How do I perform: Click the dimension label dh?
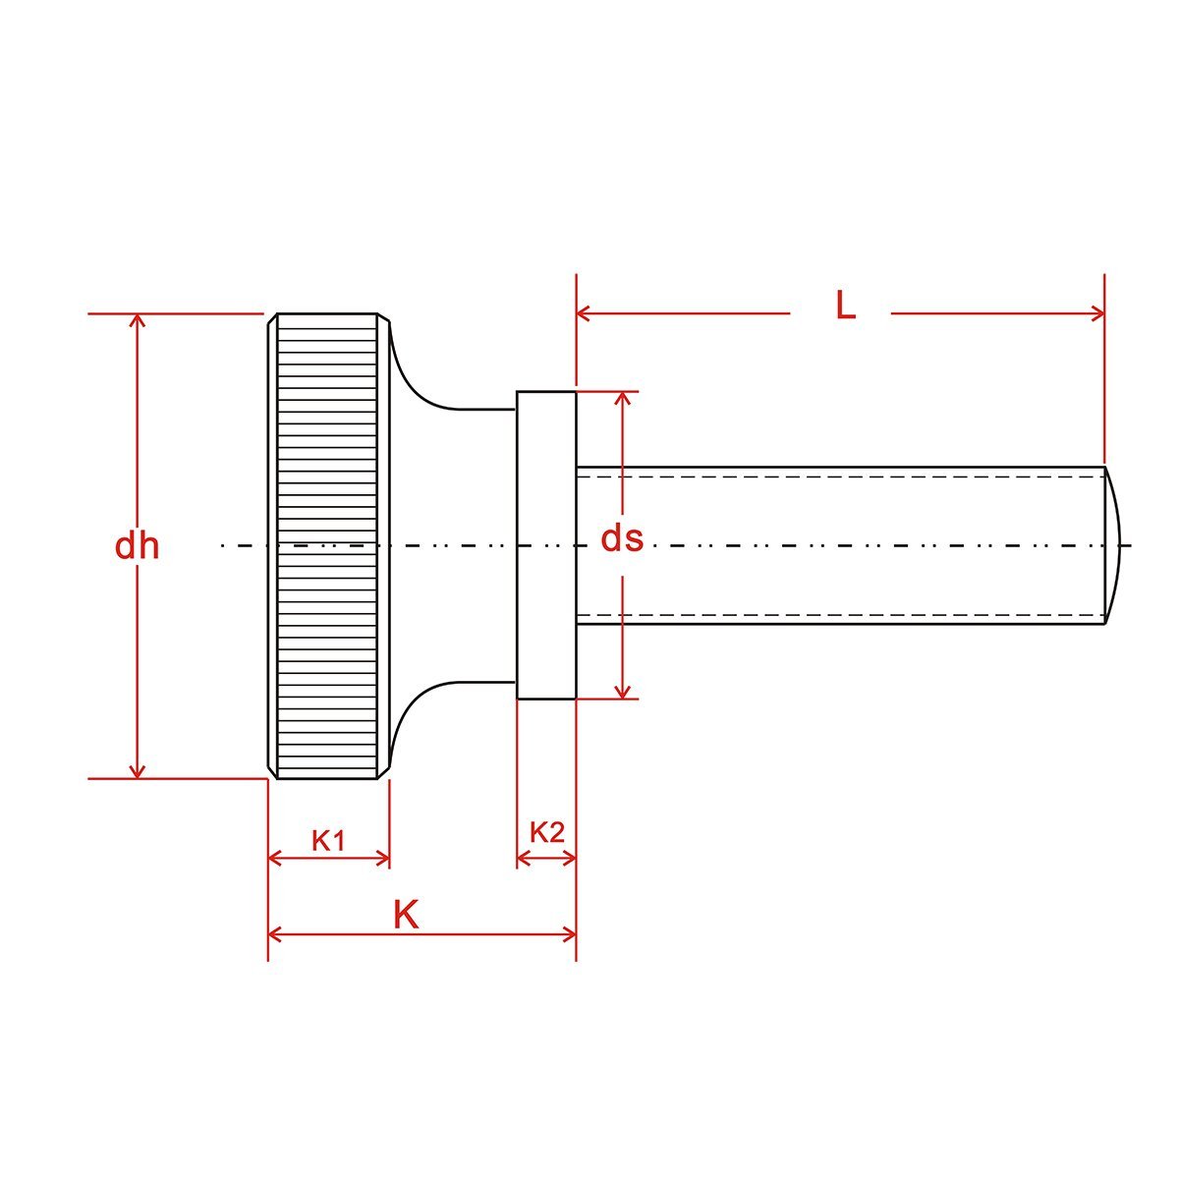(137, 546)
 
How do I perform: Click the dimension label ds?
(622, 538)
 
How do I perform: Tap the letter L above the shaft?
(845, 305)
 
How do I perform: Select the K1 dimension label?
(328, 841)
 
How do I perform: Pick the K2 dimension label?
(546, 832)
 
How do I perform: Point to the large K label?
(406, 915)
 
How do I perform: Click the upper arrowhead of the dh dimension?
(138, 320)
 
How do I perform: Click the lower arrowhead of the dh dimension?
(138, 772)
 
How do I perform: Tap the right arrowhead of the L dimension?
(1097, 313)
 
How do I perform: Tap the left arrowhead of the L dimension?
(583, 313)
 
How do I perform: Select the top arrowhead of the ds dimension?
(622, 398)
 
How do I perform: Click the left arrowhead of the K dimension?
(275, 935)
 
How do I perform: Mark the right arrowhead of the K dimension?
(569, 935)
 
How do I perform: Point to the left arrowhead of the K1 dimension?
(275, 859)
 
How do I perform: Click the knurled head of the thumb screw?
(328, 545)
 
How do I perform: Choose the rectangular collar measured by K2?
(546, 545)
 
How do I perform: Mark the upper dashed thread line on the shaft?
(840, 477)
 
